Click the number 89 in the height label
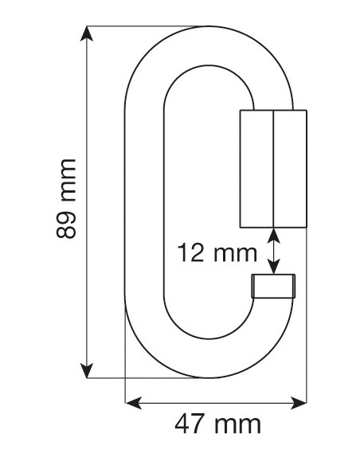(66, 226)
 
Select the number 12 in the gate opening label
(192, 255)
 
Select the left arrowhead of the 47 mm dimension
(132, 403)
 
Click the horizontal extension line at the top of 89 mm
(143, 28)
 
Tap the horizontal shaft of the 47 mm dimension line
(216, 403)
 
